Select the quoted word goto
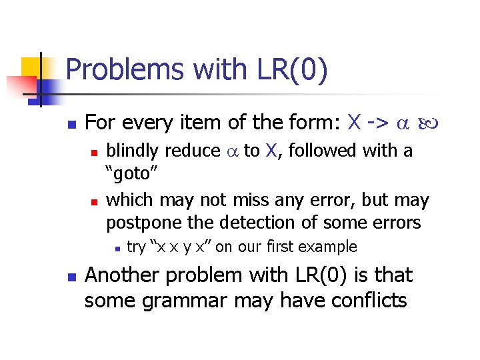tap(132, 174)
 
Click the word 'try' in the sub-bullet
tap(136, 247)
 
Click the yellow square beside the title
tap(31, 67)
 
